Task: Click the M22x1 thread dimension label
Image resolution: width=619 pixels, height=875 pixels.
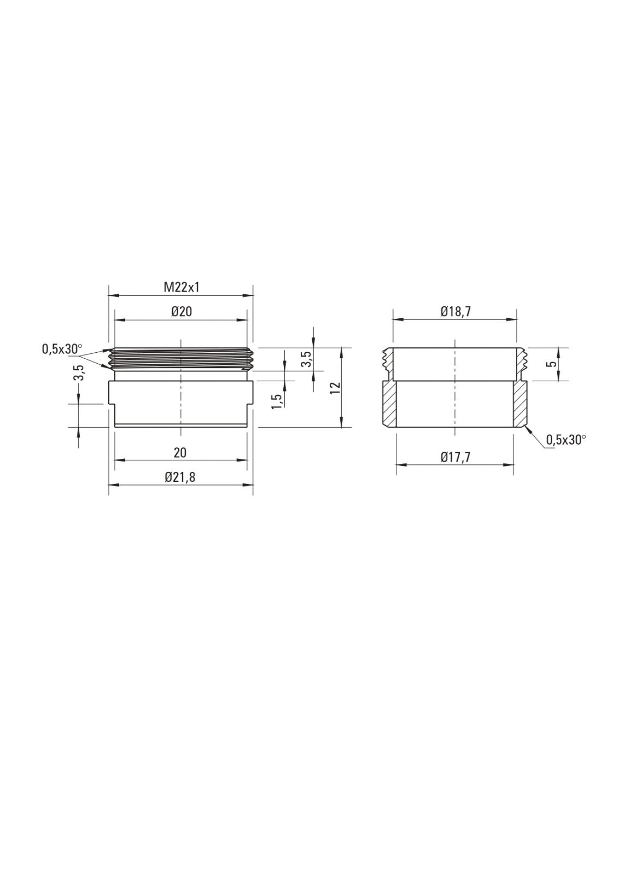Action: pyautogui.click(x=181, y=288)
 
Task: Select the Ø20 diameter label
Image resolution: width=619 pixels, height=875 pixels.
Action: pyautogui.click(x=181, y=312)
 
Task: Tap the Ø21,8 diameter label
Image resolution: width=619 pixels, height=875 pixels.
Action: pyautogui.click(x=180, y=477)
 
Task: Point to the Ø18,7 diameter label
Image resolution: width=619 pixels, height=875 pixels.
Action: pyautogui.click(x=456, y=312)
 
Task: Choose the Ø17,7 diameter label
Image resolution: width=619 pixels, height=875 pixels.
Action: pyautogui.click(x=456, y=457)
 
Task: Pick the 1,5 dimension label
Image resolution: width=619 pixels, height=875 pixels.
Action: pyautogui.click(x=277, y=401)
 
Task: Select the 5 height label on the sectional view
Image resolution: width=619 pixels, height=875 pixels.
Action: pyautogui.click(x=552, y=364)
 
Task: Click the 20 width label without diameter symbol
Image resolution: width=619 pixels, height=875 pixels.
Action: pyautogui.click(x=180, y=453)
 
